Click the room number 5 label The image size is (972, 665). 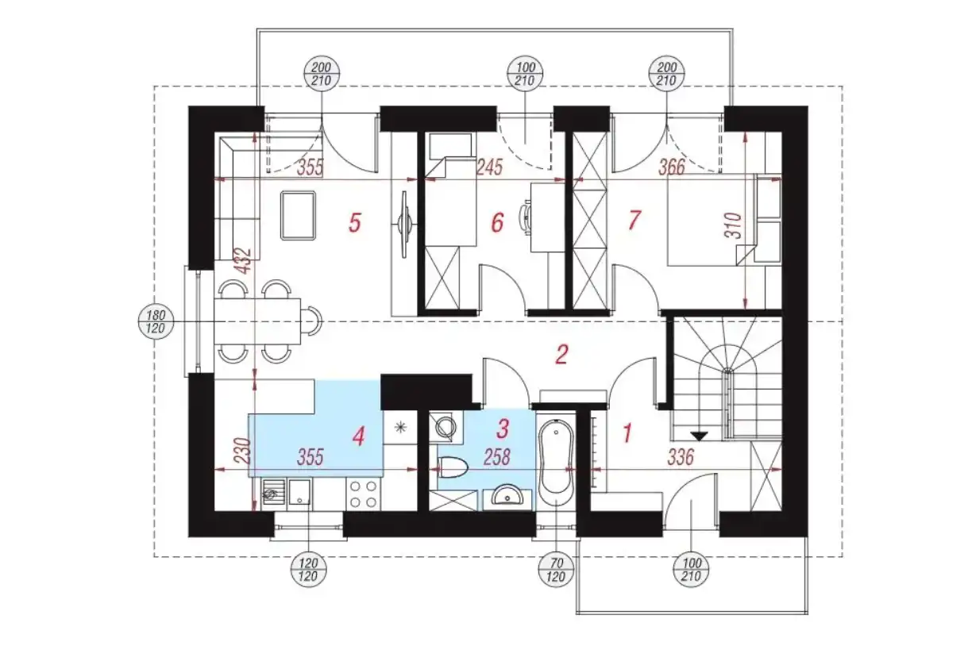coord(355,223)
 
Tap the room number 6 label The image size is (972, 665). coord(497,223)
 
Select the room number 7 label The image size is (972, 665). coord(634,221)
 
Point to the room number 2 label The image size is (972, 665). coord(561,355)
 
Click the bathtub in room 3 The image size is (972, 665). coord(557,462)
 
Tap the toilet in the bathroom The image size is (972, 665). coord(453,469)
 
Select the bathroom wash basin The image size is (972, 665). coord(507,498)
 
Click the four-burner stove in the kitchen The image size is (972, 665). coord(364,494)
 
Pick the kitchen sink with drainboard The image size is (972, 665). coord(287,494)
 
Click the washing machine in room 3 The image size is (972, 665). coord(445,428)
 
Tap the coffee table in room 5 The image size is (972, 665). coord(298,216)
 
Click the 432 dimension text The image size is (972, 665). coord(245,260)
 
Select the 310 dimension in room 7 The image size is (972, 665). coord(733,225)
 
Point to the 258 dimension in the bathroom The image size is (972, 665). coord(497,457)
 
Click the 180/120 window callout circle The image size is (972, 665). coord(156,321)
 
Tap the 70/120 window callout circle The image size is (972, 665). coord(557,570)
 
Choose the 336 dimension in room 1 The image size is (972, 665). coord(681,457)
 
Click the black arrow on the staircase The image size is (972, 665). coord(699,436)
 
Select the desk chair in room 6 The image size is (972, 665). coord(525,217)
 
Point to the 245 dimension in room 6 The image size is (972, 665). coord(490,167)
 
